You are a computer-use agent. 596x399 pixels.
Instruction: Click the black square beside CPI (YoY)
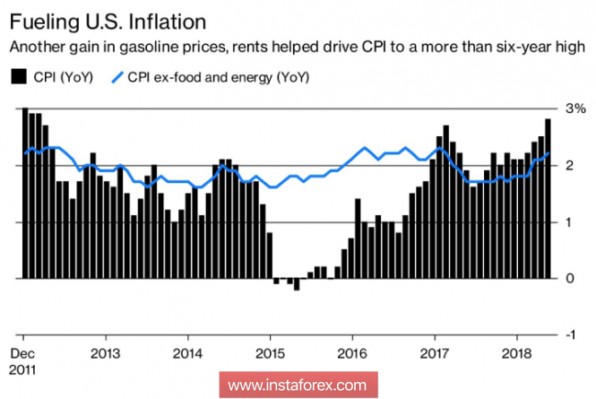coord(16,77)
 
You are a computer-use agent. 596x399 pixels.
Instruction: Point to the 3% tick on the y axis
coord(577,108)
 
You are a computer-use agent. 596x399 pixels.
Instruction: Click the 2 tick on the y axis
coord(571,166)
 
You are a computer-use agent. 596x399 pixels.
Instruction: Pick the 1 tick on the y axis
coord(571,222)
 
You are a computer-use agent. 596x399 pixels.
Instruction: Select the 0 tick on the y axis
coord(571,279)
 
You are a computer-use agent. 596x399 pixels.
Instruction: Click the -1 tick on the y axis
coord(569,334)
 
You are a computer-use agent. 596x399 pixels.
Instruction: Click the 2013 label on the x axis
coord(106,351)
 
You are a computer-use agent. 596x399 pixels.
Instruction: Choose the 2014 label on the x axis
coord(188,351)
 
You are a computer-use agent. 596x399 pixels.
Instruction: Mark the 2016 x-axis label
coord(353,351)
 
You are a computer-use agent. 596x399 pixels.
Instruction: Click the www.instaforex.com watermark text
coord(298,386)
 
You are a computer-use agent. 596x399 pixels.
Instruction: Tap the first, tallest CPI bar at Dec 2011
coord(25,194)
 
